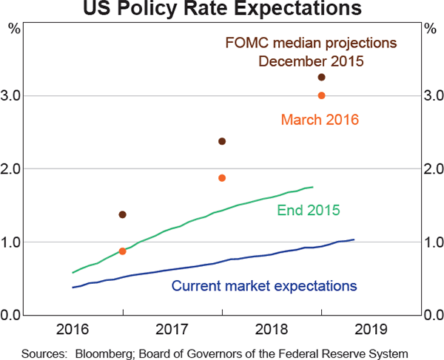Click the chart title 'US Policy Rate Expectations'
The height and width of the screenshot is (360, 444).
coord(222,10)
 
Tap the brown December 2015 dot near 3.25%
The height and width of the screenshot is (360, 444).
coord(321,78)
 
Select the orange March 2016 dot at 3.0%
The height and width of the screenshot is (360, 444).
coord(321,95)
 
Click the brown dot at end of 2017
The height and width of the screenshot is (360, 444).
coord(221,141)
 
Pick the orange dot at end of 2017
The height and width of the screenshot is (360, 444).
coord(221,177)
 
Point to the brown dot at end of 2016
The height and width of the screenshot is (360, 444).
coord(122,214)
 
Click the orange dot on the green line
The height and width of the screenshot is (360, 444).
coord(122,251)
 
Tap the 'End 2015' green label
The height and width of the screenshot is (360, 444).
coord(308,211)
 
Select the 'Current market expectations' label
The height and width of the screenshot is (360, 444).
coord(264,285)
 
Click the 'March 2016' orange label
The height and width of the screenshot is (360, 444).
coord(320,118)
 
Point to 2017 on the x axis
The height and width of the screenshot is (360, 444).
coord(172,328)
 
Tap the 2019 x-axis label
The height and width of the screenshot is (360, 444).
coord(371,328)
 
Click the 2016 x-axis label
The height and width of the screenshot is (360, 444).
coord(73,328)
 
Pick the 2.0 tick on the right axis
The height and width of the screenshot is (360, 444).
coord(432,169)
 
